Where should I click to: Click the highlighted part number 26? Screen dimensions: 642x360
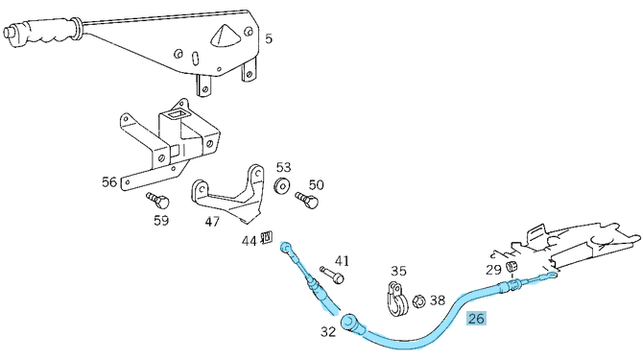pos(476,318)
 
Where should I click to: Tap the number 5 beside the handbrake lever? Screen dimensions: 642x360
pos(268,38)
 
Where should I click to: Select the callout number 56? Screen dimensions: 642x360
pos(109,181)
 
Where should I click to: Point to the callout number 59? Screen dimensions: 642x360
pos(161,221)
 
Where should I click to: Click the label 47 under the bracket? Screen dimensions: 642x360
pos(212,222)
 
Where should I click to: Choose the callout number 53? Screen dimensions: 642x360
pos(283,167)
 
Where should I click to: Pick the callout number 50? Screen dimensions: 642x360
pos(316,184)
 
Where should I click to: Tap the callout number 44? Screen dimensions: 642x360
pos(249,241)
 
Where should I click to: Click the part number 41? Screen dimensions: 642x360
pos(342,260)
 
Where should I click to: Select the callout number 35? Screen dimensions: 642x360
pos(398,271)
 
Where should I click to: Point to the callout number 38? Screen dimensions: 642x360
pos(438,300)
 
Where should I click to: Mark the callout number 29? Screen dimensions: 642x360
pos(493,270)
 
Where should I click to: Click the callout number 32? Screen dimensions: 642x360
pos(328,332)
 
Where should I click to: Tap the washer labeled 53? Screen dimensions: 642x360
pos(282,184)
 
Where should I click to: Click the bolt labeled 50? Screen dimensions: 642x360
pos(307,201)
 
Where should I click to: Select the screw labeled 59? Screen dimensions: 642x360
pos(158,201)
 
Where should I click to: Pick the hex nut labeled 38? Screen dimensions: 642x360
pos(418,302)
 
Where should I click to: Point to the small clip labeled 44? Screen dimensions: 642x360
pos(267,237)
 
